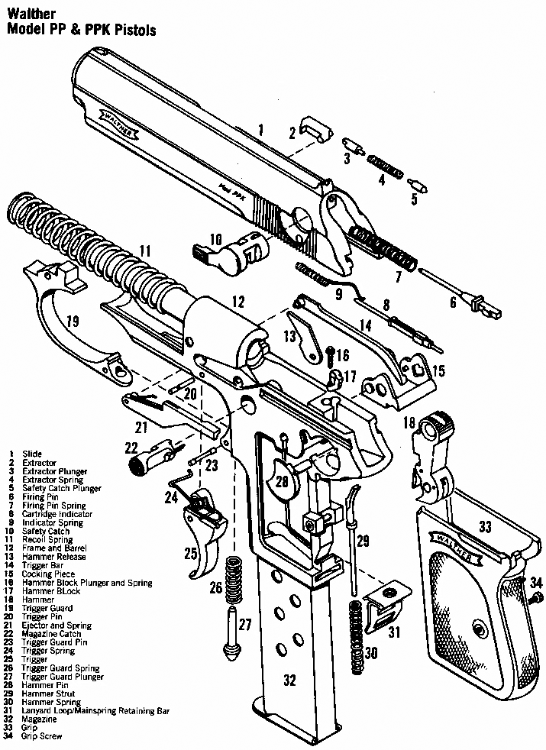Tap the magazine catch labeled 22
pyautogui.click(x=149, y=458)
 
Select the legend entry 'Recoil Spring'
pyautogui.click(x=47, y=539)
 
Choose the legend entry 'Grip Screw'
pyautogui.click(x=42, y=736)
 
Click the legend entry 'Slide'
pyautogui.click(x=32, y=454)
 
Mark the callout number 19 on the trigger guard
pyautogui.click(x=72, y=321)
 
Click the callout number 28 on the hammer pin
pyautogui.click(x=283, y=482)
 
